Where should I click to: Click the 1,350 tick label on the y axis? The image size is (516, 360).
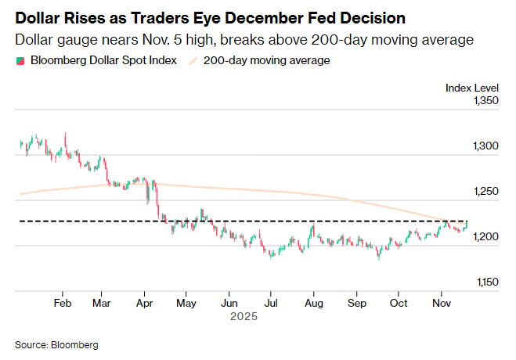tap(482, 101)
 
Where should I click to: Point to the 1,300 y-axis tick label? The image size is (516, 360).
tap(482, 146)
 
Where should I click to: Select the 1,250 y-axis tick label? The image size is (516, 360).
tap(482, 191)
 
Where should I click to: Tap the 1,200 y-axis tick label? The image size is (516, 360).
tap(482, 236)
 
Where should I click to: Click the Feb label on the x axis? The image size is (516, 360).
tap(63, 303)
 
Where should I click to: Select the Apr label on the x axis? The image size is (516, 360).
tap(144, 303)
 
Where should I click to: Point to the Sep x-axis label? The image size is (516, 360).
tap(356, 303)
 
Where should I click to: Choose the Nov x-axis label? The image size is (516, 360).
tap(442, 303)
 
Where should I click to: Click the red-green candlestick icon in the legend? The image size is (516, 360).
tap(19, 60)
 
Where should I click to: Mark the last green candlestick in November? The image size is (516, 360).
tap(466, 225)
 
